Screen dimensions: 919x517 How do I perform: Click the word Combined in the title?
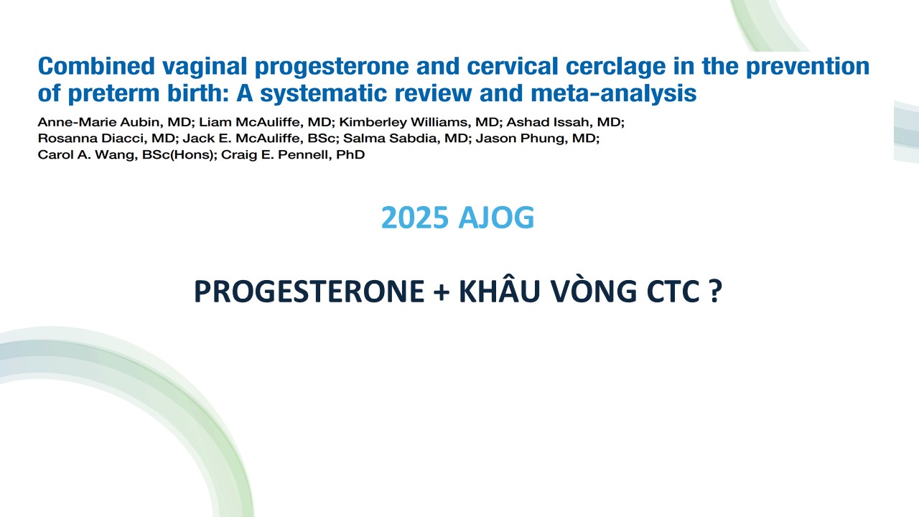click(96, 66)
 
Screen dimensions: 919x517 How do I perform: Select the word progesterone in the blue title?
click(332, 67)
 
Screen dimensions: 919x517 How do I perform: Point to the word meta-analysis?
click(613, 93)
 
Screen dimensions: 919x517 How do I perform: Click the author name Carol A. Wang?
click(87, 154)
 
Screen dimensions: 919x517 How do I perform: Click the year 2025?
click(415, 218)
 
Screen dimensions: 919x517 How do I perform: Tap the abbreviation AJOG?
click(496, 218)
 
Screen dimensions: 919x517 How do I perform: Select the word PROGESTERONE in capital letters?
click(309, 292)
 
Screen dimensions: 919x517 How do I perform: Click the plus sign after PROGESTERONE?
click(442, 292)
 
